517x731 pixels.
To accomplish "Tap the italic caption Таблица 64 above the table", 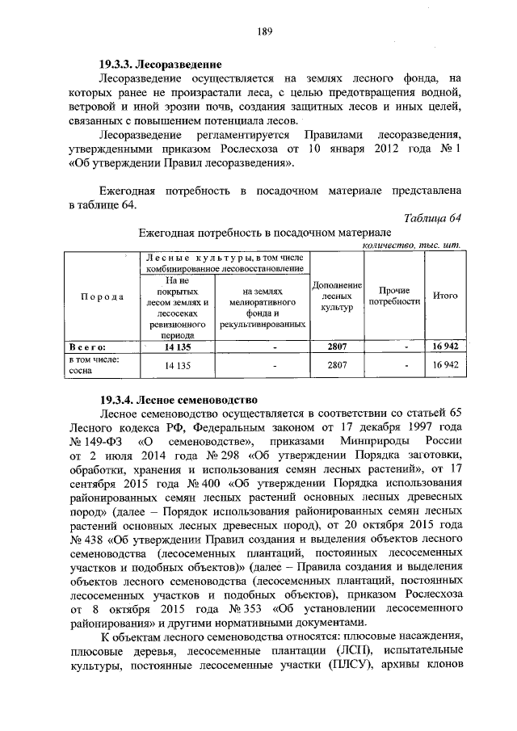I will (433, 218).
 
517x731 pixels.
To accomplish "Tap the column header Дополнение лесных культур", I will (335, 296).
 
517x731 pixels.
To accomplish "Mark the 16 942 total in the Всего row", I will (445, 347).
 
